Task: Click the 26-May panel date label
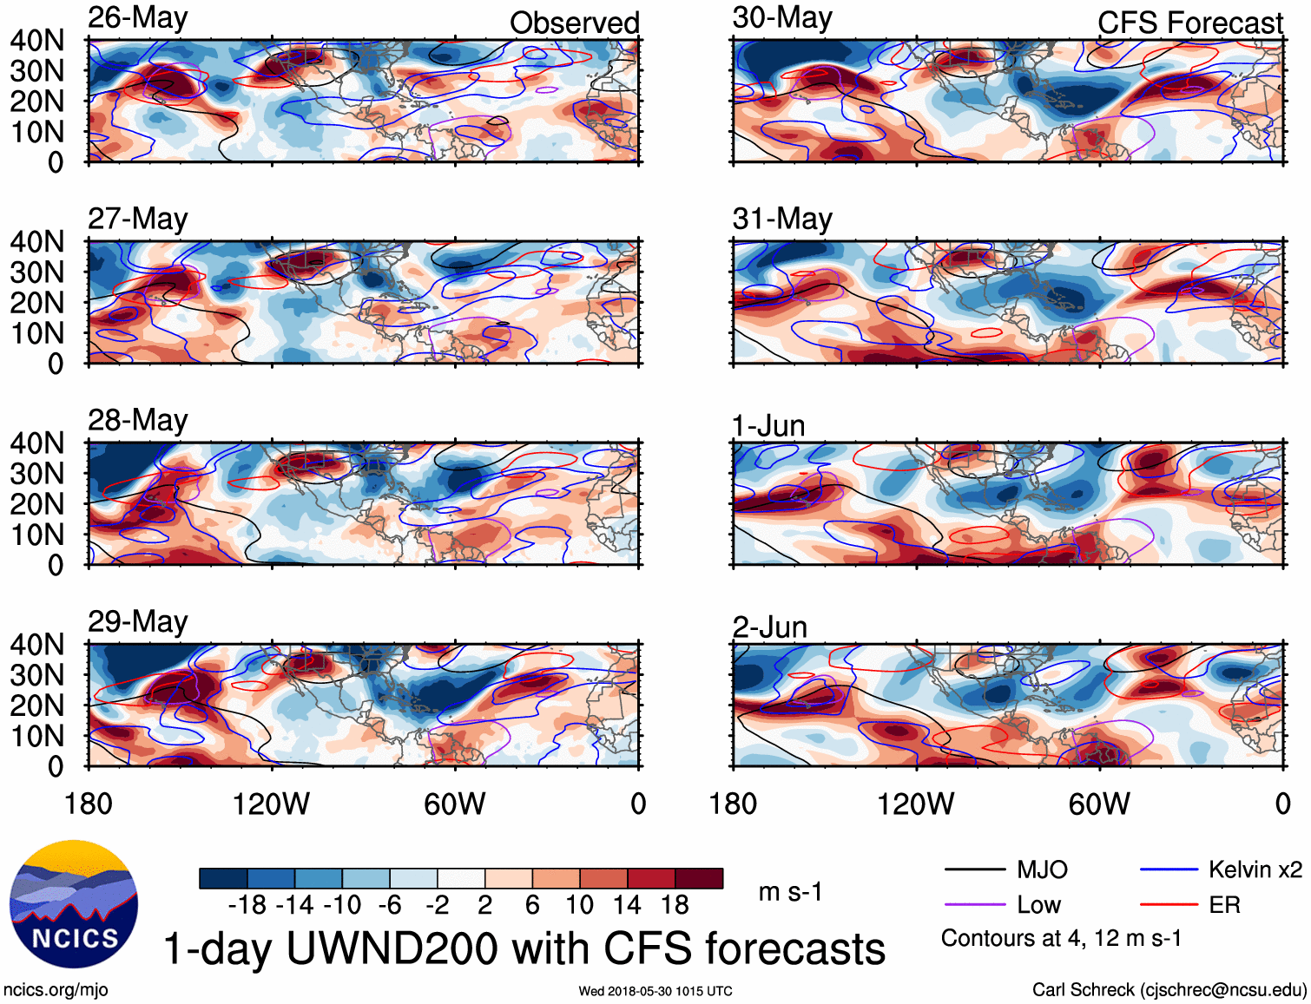click(137, 18)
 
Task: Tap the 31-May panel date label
click(782, 219)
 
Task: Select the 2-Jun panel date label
click(769, 627)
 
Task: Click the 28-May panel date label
click(137, 420)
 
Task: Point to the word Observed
click(574, 23)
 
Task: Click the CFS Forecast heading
click(1189, 23)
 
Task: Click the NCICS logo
click(74, 904)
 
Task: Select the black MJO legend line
click(974, 869)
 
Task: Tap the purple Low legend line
click(974, 905)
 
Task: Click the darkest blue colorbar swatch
click(223, 878)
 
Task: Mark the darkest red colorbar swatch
click(699, 878)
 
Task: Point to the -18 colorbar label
click(247, 905)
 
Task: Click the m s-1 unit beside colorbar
click(790, 892)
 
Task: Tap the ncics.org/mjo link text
click(56, 990)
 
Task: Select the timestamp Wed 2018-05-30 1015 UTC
click(655, 991)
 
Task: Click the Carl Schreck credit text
click(1169, 990)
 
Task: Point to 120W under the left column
click(271, 804)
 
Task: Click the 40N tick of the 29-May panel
click(36, 645)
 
